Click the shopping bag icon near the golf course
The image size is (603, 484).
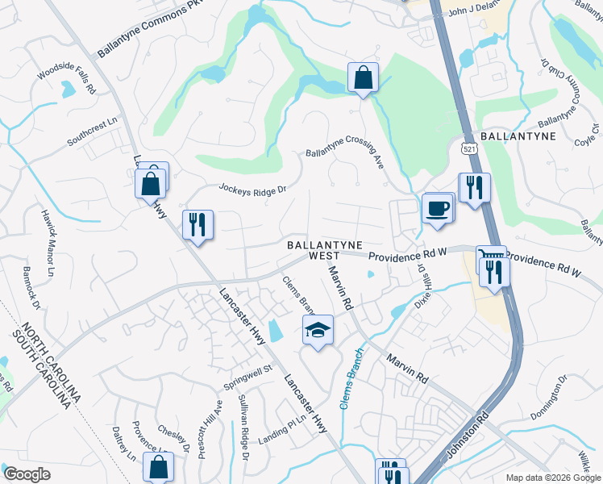363,78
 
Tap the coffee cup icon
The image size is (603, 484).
437,208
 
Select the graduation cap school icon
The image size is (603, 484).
318,330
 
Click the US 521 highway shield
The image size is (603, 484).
469,148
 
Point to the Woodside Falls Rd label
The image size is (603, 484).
66,82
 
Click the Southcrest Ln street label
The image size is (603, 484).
92,128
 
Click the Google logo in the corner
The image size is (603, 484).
26,474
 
